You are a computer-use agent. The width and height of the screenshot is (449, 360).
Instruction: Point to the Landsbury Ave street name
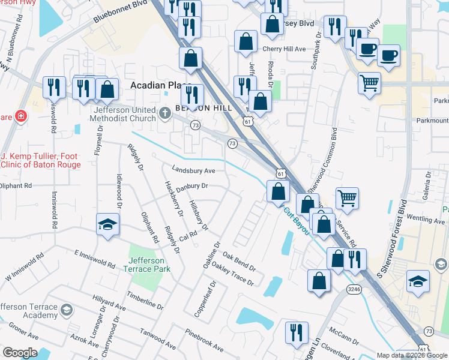(x=193, y=170)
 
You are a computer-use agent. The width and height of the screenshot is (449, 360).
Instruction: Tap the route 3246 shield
(x=354, y=289)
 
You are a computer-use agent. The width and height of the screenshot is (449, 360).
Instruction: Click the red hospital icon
(x=20, y=116)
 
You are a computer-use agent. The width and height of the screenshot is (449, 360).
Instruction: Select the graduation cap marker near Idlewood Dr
(x=107, y=225)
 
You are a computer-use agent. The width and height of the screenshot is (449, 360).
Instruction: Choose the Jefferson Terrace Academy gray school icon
(x=66, y=310)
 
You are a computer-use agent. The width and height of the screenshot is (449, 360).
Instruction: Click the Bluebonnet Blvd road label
(x=123, y=14)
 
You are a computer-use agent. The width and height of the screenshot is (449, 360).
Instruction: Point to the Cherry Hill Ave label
(x=284, y=49)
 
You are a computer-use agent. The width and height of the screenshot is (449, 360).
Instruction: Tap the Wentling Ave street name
(x=424, y=220)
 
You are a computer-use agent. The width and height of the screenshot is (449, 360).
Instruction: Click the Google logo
(x=20, y=353)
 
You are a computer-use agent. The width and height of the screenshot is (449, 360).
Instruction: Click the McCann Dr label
(x=343, y=336)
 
